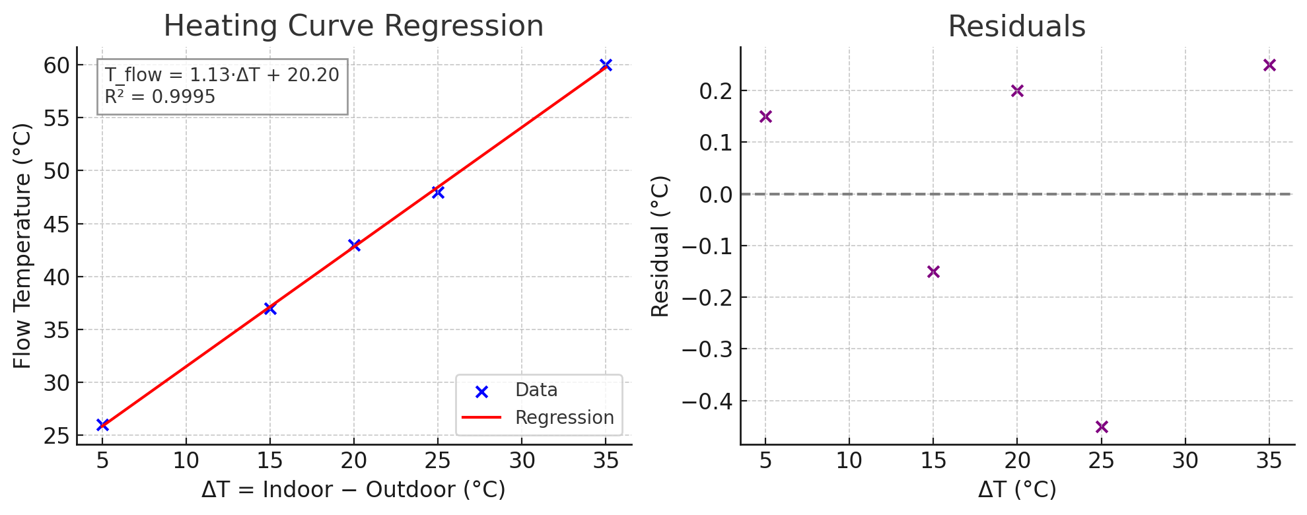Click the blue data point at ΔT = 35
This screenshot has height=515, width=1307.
pos(606,65)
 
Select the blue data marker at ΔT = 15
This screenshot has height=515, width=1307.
pos(270,308)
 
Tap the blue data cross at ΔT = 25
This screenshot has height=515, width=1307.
pos(438,192)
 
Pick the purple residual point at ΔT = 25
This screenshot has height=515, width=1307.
pos(1102,427)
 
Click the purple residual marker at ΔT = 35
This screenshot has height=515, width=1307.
pos(1269,65)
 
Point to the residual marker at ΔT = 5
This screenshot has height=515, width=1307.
pos(765,116)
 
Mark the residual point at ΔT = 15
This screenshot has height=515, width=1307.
pos(933,271)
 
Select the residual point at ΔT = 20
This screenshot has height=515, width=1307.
pos(1017,90)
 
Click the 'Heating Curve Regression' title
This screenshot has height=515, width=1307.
pos(353,26)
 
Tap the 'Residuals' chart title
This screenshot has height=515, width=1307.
pos(1016,27)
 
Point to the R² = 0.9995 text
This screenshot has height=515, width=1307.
pos(160,97)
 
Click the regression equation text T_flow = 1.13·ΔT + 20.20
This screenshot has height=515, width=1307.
pos(222,75)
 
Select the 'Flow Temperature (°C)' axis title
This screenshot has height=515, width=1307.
pos(22,246)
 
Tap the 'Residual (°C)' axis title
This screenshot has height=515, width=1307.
pos(660,246)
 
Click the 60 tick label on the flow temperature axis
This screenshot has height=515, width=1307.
pos(57,65)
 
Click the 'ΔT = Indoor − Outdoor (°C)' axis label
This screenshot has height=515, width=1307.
pos(353,490)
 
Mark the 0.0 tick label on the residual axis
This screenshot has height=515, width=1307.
pos(715,194)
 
